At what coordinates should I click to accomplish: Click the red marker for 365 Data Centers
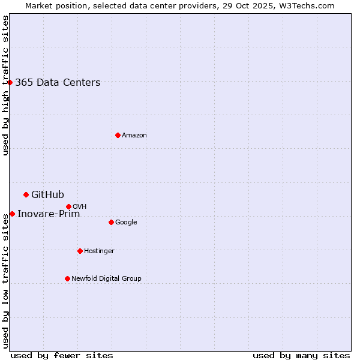10,82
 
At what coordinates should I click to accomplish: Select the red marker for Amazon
118,135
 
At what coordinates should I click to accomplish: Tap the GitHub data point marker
26,194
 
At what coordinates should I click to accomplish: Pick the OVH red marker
68,206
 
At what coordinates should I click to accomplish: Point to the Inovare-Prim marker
12,214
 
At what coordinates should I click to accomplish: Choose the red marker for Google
111,222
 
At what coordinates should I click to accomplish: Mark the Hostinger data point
80,251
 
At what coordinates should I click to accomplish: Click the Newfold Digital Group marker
67,278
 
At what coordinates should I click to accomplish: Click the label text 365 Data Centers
58,83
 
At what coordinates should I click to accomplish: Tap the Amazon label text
134,136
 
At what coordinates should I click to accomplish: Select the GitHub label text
47,194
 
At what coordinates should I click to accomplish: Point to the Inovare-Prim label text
49,214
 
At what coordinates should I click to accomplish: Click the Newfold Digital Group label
106,278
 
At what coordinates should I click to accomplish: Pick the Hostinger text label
99,251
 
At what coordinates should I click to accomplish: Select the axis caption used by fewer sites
62,355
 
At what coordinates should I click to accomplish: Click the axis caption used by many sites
301,355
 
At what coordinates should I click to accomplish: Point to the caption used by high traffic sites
5,85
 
